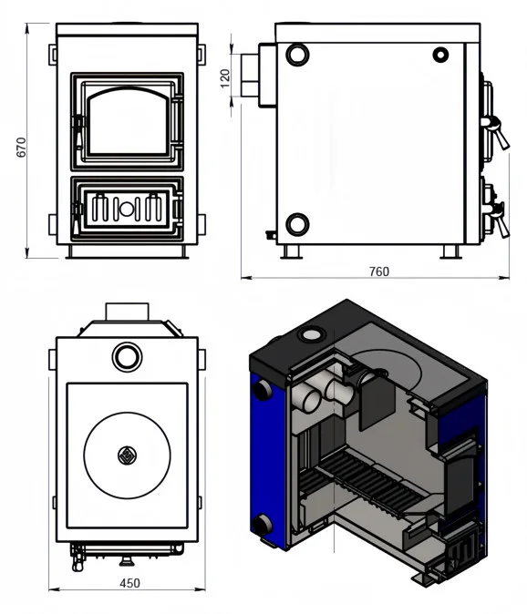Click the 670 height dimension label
21,148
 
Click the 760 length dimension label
379,271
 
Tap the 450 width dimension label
129,583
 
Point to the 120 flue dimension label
225,78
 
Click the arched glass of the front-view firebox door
129,121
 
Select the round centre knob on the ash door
127,209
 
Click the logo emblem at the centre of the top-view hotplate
127,455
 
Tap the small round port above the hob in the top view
127,357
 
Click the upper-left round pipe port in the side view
297,54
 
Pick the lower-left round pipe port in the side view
298,225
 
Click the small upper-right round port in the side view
440,55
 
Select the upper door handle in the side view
496,131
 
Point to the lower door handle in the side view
497,220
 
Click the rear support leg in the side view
291,252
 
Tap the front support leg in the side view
450,252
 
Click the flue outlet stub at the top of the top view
127,312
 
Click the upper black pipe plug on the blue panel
263,390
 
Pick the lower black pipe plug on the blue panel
262,524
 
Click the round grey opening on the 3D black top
312,334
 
